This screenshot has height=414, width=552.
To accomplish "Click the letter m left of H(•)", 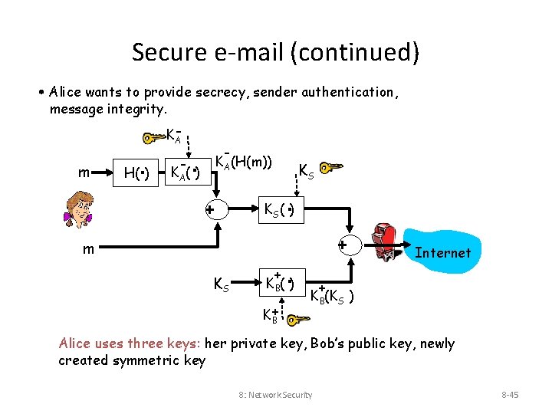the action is pyautogui.click(x=83, y=172).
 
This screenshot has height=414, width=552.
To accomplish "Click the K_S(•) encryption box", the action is pyautogui.click(x=279, y=209).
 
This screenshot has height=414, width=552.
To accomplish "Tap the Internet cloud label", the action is pyautogui.click(x=443, y=252).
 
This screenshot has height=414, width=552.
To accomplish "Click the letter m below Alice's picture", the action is pyautogui.click(x=90, y=248).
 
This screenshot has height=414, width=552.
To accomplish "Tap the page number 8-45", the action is pyautogui.click(x=510, y=395).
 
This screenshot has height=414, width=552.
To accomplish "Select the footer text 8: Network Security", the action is pyautogui.click(x=275, y=395).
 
